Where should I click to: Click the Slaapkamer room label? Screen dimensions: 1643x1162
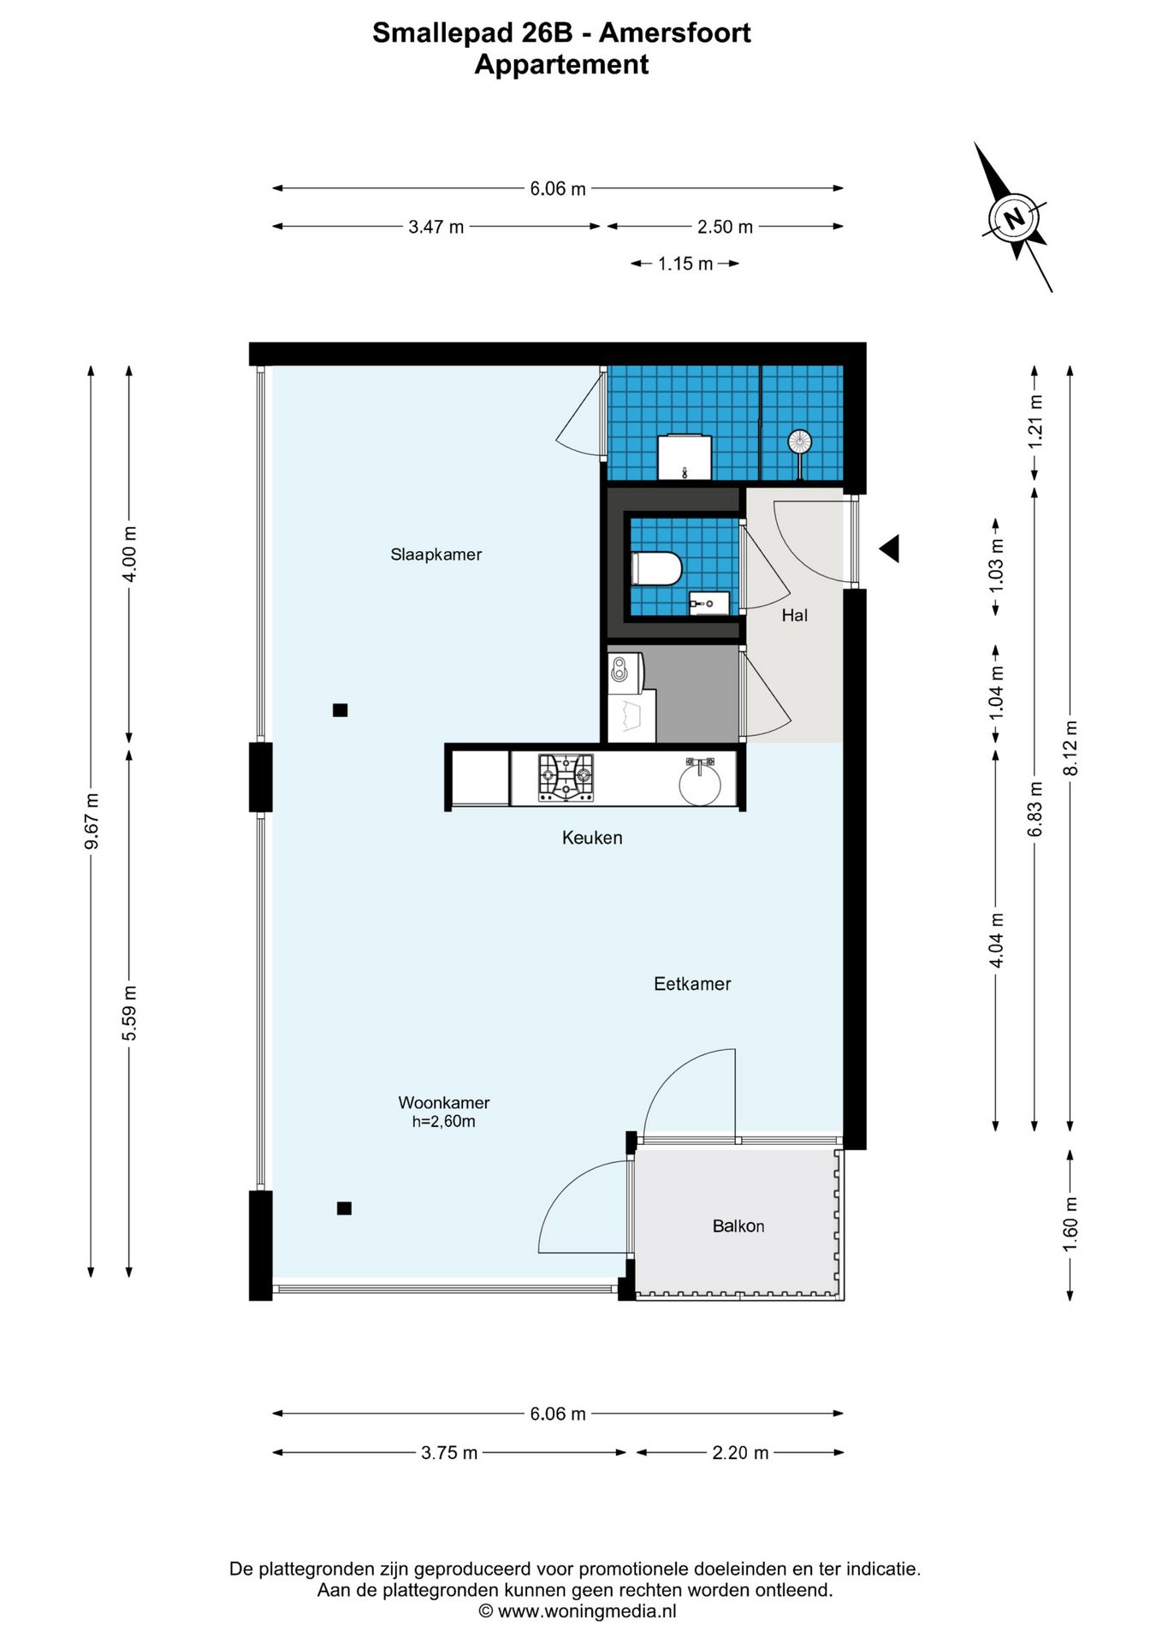pos(436,555)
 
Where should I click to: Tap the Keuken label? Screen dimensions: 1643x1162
pos(591,838)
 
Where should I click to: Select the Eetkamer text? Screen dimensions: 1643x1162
pos(691,984)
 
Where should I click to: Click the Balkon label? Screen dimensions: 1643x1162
pos(738,1226)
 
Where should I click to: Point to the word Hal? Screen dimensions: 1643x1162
pos(794,615)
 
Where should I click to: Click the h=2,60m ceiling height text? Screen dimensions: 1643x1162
pos(443,1122)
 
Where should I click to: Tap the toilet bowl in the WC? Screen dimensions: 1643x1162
pos(656,568)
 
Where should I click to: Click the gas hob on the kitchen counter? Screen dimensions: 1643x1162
pos(566,777)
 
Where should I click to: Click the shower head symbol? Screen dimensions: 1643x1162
pos(799,442)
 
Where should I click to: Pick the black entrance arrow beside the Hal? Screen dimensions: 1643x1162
pos(890,549)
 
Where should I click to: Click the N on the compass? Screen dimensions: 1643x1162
pos(1014,217)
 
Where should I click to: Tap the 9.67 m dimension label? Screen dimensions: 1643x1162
pos(92,821)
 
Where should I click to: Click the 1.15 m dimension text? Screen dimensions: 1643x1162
pos(685,264)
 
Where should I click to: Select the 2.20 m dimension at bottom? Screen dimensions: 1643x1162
pos(740,1452)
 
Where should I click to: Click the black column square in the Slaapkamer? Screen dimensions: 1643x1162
pos(340,709)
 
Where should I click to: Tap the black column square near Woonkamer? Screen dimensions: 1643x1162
pos(344,1208)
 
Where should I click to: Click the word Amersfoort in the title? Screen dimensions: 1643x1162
pos(674,33)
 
